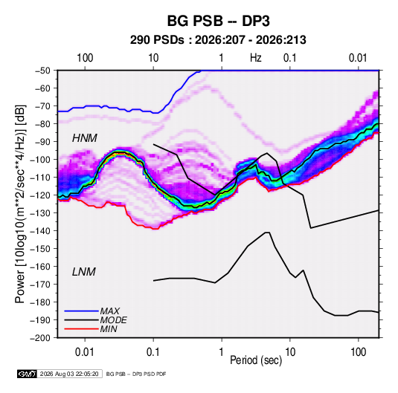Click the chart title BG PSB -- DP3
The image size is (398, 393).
218,21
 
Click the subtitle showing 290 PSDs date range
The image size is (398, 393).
218,40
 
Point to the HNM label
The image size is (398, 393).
85,138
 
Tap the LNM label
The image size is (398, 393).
84,272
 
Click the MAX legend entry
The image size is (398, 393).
109,311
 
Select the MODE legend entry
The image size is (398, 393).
113,320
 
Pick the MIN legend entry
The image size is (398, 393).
109,329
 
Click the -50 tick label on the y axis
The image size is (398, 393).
42,71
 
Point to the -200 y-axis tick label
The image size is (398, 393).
40,338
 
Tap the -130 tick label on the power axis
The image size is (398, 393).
40,213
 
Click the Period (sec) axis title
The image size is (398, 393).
256,360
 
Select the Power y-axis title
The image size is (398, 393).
20,204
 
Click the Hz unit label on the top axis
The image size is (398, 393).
256,58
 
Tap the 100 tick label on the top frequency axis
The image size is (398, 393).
85,58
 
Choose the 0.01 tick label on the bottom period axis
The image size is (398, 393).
85,352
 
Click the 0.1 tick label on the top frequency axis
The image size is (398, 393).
290,58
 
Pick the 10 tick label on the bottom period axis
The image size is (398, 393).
290,352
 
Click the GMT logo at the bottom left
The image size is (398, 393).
27,374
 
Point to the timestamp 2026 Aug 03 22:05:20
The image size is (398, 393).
69,374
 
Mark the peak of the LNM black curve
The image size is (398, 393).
268,233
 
